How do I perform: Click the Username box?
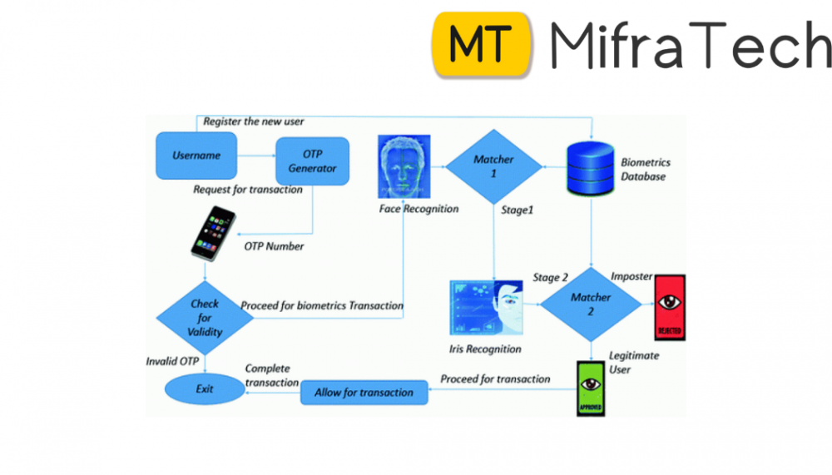coord(196,156)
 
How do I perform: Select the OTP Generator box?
coord(312,161)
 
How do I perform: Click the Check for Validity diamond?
coord(205,318)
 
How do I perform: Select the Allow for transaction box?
coord(364,392)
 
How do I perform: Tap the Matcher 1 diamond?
coord(493,166)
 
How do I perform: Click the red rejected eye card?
coord(669,307)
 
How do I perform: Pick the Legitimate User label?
coord(634,361)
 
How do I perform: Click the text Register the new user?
coord(254,121)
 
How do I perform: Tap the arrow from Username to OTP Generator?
coord(256,156)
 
